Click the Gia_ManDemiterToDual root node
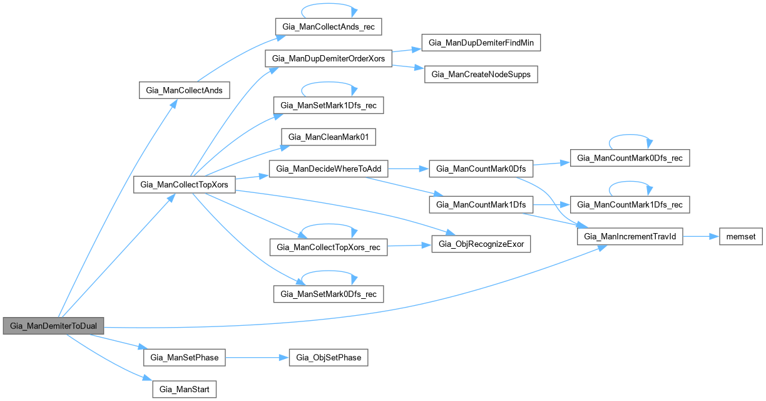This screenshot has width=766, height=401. (53, 326)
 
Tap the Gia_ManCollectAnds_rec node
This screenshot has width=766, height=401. (328, 26)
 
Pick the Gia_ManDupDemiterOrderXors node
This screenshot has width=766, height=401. (329, 58)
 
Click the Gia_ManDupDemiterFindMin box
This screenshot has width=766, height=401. (481, 43)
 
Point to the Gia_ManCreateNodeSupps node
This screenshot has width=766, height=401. (481, 74)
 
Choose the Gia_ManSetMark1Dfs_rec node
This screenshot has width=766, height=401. (328, 105)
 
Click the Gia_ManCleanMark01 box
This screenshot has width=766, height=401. (322, 137)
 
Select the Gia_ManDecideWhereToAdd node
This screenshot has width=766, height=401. (329, 169)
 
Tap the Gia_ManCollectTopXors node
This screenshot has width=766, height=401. (185, 185)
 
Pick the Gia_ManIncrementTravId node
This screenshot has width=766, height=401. (630, 236)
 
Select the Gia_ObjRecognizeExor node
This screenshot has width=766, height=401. (481, 243)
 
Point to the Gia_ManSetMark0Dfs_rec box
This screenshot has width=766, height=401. (328, 294)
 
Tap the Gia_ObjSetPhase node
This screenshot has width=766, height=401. (327, 357)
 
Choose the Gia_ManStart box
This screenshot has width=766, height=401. (185, 388)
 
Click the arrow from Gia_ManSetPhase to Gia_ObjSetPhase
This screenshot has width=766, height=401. (257, 357)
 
